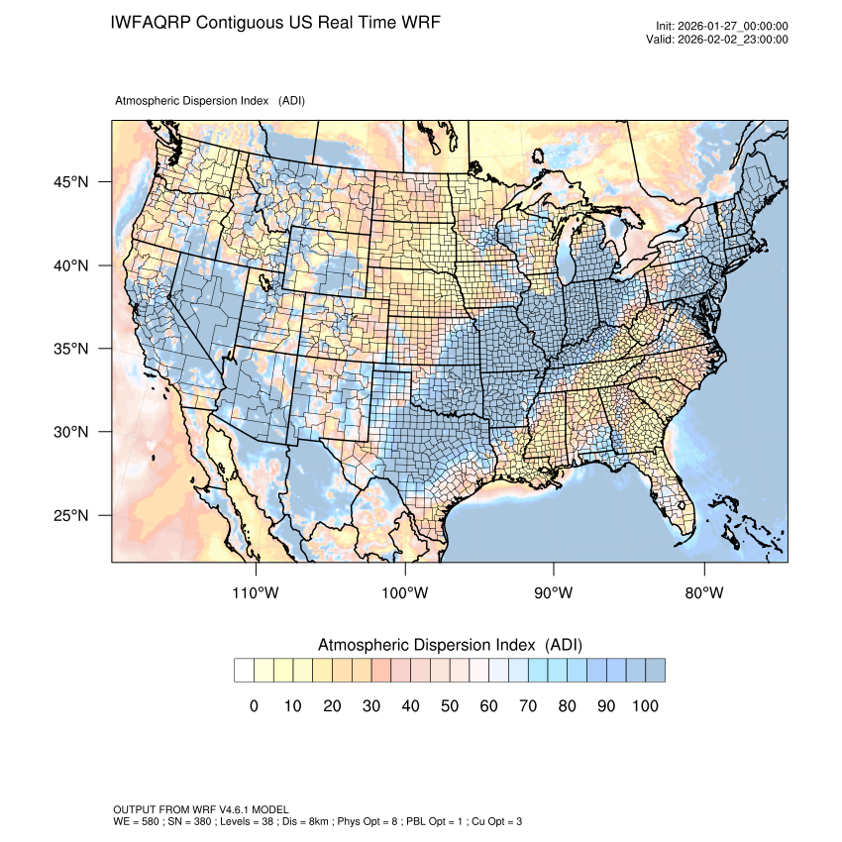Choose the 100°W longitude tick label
(x=405, y=593)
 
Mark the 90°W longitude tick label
(x=554, y=593)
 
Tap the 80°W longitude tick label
(x=703, y=593)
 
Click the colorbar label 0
(x=254, y=706)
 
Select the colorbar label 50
(x=450, y=706)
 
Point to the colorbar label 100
(x=645, y=706)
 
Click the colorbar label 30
(x=371, y=706)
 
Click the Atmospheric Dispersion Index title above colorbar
(x=450, y=645)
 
